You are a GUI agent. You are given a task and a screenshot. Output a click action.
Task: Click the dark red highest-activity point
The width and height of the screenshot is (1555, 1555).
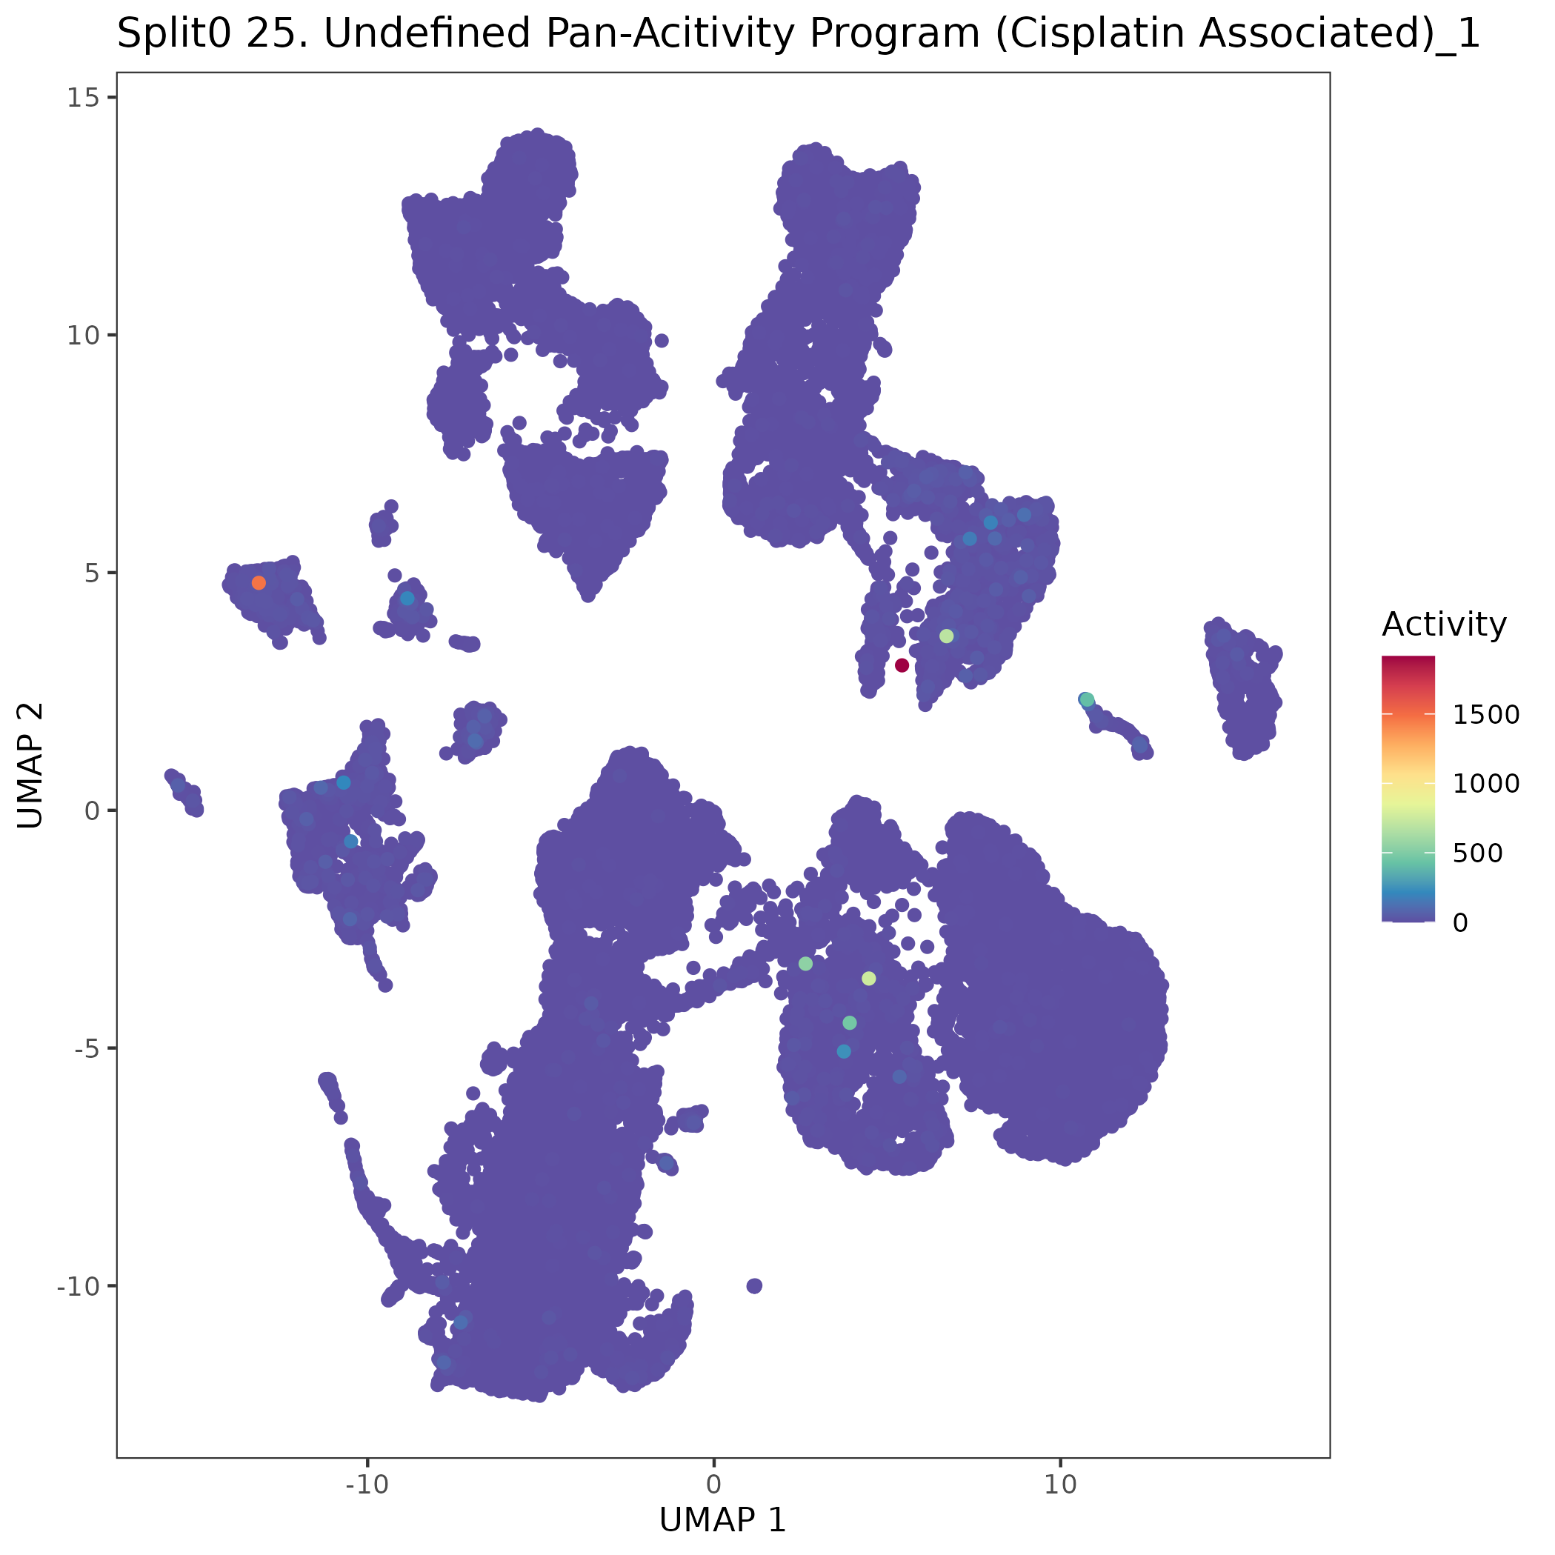tap(902, 665)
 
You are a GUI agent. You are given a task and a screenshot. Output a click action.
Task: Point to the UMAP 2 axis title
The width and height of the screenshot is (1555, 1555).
tap(30, 765)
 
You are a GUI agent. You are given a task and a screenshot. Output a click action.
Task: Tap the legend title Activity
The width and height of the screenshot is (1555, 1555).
tap(1444, 625)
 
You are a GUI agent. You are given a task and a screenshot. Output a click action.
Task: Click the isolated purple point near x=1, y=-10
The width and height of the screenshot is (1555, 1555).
tap(754, 1285)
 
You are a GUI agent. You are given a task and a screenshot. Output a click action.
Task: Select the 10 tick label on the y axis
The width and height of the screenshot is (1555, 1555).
tap(81, 336)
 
